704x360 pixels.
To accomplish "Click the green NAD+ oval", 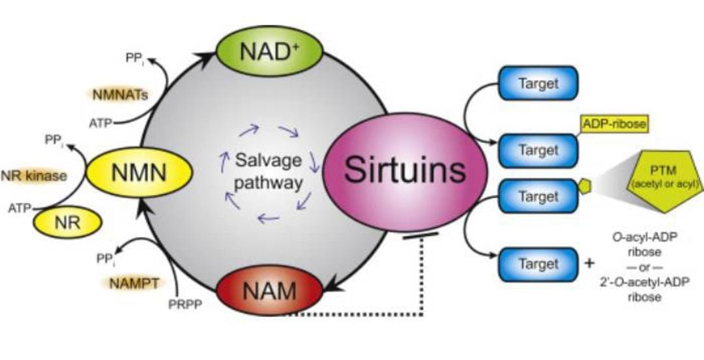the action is point(269,51).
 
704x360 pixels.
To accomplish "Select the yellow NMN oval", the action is point(139,173).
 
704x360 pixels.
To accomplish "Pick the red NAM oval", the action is point(269,292).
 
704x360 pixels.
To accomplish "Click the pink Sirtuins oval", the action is point(405,172).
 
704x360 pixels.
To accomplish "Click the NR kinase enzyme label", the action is point(34,175).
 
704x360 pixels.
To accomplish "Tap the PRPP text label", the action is point(185,305).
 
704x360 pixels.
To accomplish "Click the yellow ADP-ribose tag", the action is point(615,125).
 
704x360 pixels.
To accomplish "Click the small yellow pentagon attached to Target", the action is point(584,186).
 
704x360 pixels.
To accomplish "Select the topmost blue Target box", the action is point(538,83).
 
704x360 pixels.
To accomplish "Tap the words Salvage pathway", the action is point(269,172).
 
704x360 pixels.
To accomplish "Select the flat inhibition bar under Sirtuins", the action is point(420,235).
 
